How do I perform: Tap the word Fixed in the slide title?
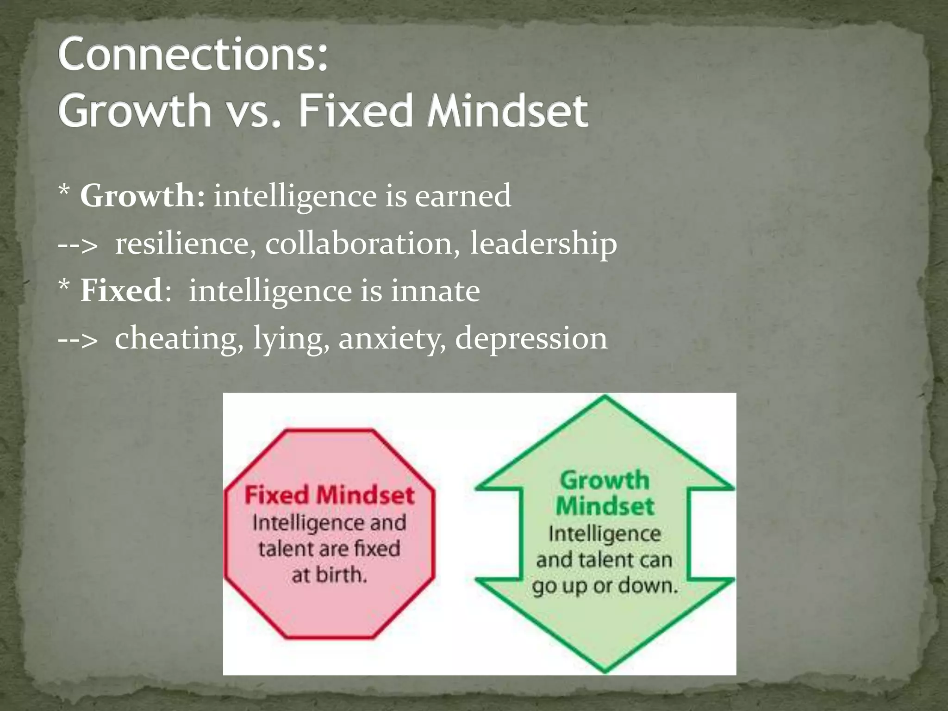click(355, 111)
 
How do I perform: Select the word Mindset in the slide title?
click(507, 111)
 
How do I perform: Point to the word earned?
click(462, 196)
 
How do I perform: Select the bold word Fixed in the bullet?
click(121, 291)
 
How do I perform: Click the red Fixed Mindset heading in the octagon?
click(329, 495)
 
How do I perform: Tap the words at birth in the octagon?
click(329, 575)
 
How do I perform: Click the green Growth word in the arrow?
click(605, 480)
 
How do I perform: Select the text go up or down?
click(605, 586)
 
